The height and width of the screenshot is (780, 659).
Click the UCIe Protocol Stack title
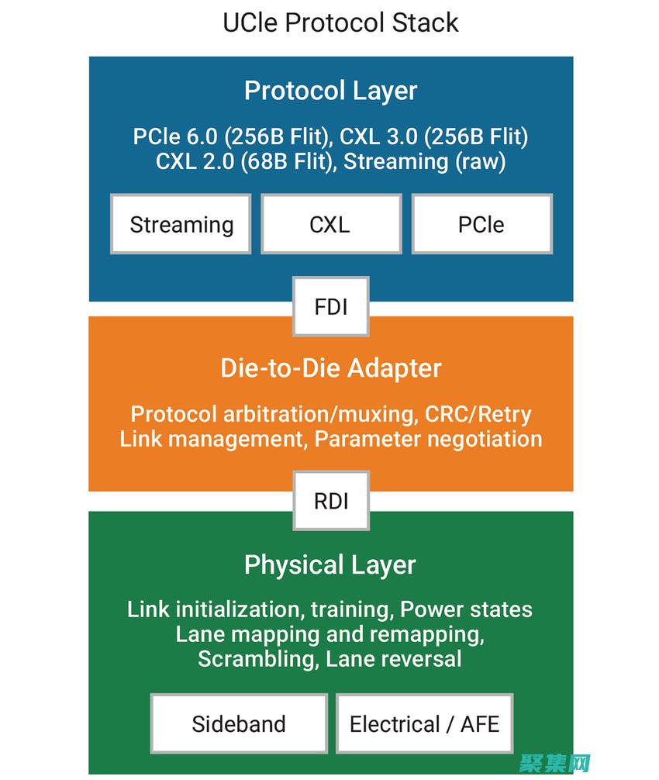[340, 22]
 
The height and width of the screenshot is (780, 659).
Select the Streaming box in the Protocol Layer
[181, 224]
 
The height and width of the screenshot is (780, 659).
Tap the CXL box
[330, 224]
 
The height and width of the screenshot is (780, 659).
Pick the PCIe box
[481, 224]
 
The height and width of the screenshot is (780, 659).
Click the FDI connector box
[330, 306]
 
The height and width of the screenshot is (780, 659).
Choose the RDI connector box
[330, 501]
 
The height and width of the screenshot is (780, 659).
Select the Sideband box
[239, 724]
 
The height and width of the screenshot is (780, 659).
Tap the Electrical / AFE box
[424, 724]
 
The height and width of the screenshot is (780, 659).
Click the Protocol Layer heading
[330, 91]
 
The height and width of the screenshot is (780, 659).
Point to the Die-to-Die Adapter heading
[330, 368]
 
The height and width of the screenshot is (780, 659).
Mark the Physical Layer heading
[330, 564]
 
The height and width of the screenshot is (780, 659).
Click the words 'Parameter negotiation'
[428, 439]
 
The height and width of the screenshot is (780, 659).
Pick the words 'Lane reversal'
[394, 659]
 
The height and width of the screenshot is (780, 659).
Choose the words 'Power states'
[466, 609]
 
